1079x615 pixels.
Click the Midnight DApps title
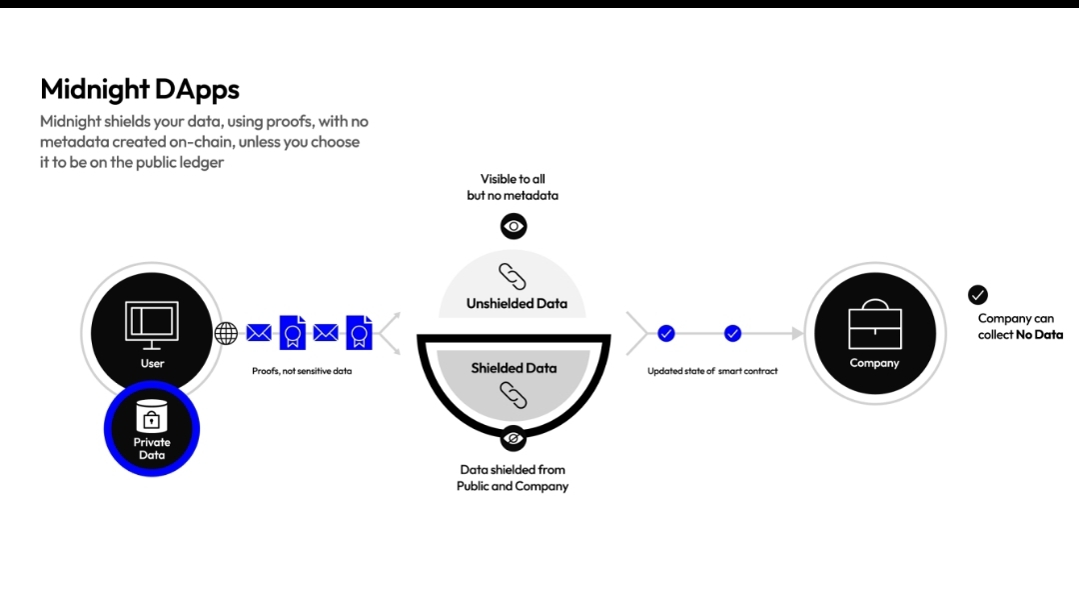point(140,89)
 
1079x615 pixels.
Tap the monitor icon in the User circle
point(152,322)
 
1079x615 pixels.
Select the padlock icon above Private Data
point(152,416)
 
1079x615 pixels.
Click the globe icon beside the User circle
point(227,333)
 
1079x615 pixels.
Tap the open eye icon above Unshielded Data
point(514,226)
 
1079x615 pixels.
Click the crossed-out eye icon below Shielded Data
point(514,438)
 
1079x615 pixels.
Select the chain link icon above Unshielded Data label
point(513,276)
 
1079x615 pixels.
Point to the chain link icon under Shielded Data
point(513,396)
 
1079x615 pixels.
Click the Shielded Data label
point(514,368)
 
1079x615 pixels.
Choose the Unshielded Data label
point(516,304)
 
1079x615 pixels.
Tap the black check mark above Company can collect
point(978,295)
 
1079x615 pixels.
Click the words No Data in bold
point(1039,335)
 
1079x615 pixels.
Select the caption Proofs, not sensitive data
point(302,371)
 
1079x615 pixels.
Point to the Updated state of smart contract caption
point(712,371)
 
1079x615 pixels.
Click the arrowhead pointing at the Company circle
point(796,333)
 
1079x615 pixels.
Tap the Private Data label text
point(152,449)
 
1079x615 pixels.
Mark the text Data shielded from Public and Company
point(513,478)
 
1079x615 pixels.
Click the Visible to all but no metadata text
point(513,187)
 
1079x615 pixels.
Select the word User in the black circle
point(152,363)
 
